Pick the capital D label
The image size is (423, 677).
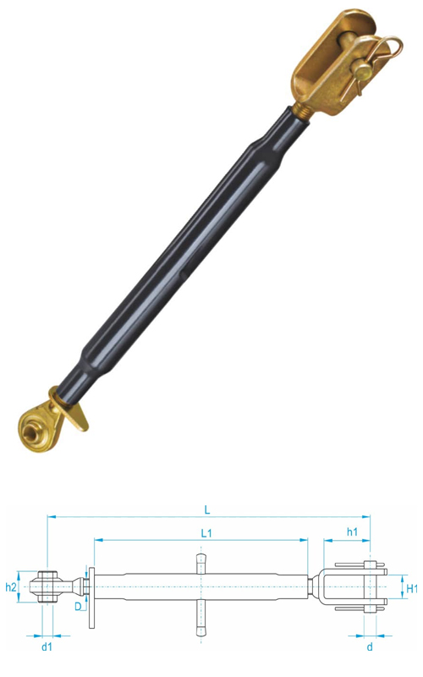pos(77,606)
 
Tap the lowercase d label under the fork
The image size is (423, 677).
pos(369,647)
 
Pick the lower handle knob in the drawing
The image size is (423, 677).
pos(201,627)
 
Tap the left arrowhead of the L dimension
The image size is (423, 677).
pos(50,515)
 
